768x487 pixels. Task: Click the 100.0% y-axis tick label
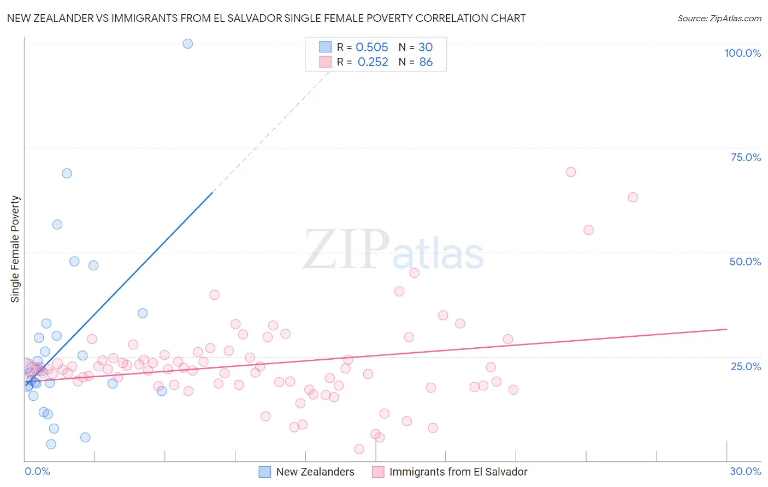pyautogui.click(x=742, y=53)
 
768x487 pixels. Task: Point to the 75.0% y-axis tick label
pyautogui.click(x=746, y=157)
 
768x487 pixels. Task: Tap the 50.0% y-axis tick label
pyautogui.click(x=745, y=262)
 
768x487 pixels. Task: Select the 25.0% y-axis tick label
pyautogui.click(x=746, y=366)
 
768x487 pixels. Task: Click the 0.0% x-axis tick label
pyautogui.click(x=37, y=471)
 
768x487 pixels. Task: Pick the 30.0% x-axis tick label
pyautogui.click(x=745, y=471)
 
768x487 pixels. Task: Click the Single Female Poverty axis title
pyautogui.click(x=15, y=249)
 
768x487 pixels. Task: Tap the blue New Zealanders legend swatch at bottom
pyautogui.click(x=265, y=472)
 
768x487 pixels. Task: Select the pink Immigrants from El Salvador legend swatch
pyautogui.click(x=378, y=472)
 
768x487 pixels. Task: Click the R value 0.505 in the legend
pyautogui.click(x=372, y=47)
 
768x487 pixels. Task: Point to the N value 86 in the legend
pyautogui.click(x=426, y=62)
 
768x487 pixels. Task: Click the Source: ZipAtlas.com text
pyautogui.click(x=719, y=19)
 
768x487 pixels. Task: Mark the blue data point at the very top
pyautogui.click(x=188, y=44)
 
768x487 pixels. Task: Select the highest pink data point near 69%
pyautogui.click(x=571, y=172)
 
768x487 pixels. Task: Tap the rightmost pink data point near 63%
pyautogui.click(x=633, y=197)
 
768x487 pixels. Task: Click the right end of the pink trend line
pyautogui.click(x=726, y=329)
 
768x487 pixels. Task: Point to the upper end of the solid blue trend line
pyautogui.click(x=212, y=192)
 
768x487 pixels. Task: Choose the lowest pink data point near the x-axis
pyautogui.click(x=359, y=449)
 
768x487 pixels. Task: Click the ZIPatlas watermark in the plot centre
pyautogui.click(x=393, y=250)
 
